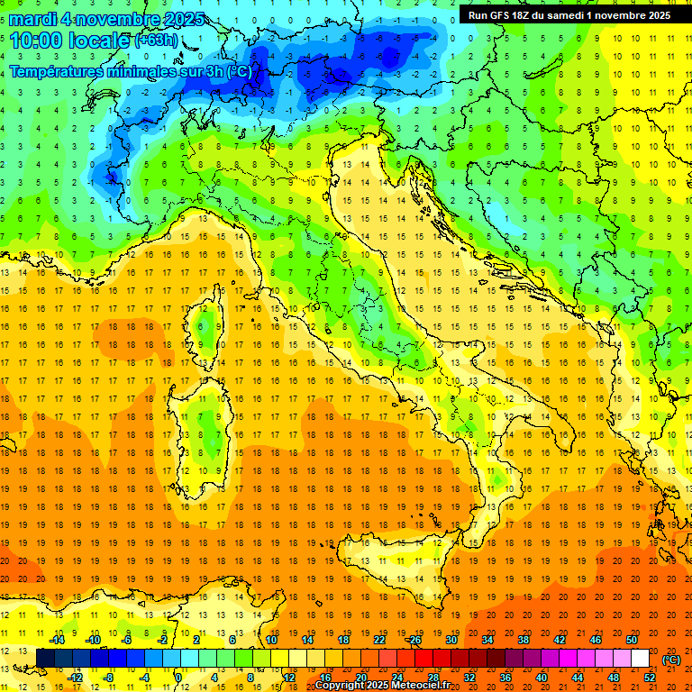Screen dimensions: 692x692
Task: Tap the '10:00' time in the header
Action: coord(36,41)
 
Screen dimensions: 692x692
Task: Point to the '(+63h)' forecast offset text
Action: coord(156,41)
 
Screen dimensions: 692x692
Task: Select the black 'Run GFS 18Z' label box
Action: coord(569,14)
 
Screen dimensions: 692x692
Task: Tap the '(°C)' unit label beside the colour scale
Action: coord(671,660)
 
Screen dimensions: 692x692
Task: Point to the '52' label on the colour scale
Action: coord(650,677)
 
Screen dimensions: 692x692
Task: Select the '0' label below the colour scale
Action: coord(178,677)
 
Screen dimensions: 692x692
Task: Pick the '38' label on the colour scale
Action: coord(522,640)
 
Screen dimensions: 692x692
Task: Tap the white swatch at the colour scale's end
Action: coord(641,659)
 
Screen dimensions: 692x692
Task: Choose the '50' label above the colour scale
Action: coord(632,640)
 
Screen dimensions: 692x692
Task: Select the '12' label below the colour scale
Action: coord(288,677)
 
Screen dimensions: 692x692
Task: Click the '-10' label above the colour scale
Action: coord(92,640)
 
